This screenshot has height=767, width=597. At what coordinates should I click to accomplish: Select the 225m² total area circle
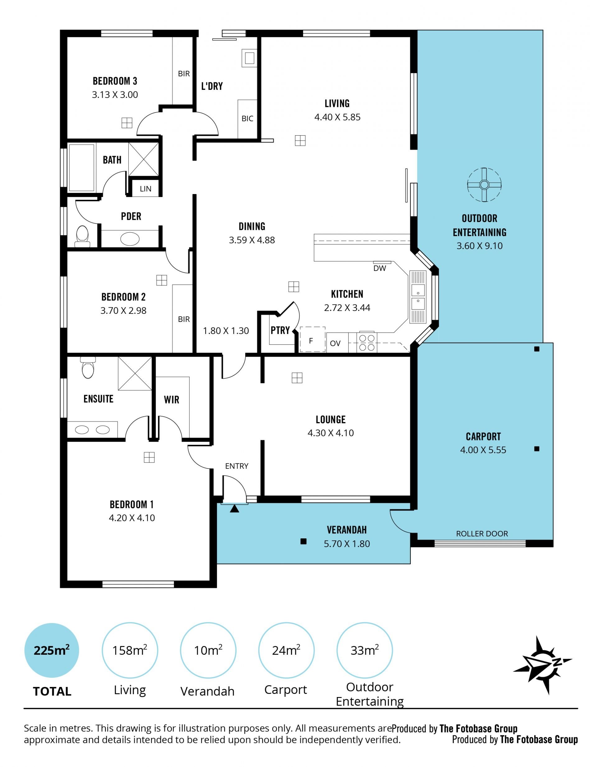(x=52, y=650)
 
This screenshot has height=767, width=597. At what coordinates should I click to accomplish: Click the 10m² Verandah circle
(x=208, y=650)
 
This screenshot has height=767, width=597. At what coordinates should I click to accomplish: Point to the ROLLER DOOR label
(x=482, y=534)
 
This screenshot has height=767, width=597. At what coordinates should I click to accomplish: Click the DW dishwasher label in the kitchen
(x=380, y=268)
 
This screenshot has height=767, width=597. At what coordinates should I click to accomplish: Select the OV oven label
(x=335, y=343)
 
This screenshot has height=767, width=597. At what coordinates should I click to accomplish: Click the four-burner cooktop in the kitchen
(x=367, y=342)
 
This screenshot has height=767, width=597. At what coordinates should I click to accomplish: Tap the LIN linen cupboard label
(x=146, y=189)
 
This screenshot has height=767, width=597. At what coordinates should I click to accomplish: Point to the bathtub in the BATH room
(x=81, y=168)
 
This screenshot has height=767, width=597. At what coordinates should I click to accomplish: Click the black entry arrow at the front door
(x=234, y=509)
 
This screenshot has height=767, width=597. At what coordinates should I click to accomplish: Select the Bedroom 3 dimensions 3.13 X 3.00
(x=115, y=95)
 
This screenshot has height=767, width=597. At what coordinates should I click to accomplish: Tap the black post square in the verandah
(x=303, y=542)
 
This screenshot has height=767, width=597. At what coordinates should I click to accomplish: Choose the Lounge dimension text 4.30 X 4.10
(x=331, y=433)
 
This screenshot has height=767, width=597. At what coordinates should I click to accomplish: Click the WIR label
(x=171, y=400)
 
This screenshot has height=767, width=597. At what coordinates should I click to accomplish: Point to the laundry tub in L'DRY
(x=249, y=58)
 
